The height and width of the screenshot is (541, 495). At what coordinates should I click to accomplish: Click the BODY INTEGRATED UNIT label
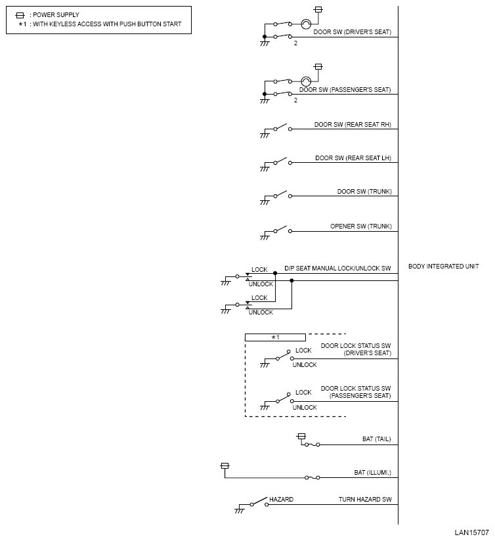pyautogui.click(x=443, y=267)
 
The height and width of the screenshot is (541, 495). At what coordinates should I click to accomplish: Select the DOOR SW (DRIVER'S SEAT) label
pyautogui.click(x=353, y=32)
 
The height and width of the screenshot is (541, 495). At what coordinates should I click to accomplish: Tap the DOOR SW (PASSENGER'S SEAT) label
pyautogui.click(x=345, y=90)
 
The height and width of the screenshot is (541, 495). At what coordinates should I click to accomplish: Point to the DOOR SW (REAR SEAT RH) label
pyautogui.click(x=353, y=124)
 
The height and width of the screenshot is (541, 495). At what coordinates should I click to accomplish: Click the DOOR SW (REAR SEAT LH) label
pyautogui.click(x=353, y=158)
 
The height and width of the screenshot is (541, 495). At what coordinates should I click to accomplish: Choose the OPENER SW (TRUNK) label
pyautogui.click(x=360, y=227)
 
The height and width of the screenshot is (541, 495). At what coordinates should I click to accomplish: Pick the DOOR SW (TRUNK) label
pyautogui.click(x=364, y=192)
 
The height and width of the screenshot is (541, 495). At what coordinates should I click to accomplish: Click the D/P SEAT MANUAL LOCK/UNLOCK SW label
pyautogui.click(x=337, y=269)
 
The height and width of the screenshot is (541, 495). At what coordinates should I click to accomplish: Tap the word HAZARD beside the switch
pyautogui.click(x=281, y=500)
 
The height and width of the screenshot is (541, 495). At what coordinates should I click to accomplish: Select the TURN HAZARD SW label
pyautogui.click(x=364, y=500)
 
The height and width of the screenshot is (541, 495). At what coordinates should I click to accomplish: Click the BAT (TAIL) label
pyautogui.click(x=376, y=439)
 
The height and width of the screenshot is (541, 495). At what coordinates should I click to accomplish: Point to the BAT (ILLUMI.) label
pyautogui.click(x=372, y=472)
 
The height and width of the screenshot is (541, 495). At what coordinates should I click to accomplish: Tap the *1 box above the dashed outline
pyautogui.click(x=275, y=337)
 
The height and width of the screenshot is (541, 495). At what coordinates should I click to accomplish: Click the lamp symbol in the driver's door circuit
pyautogui.click(x=305, y=24)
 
